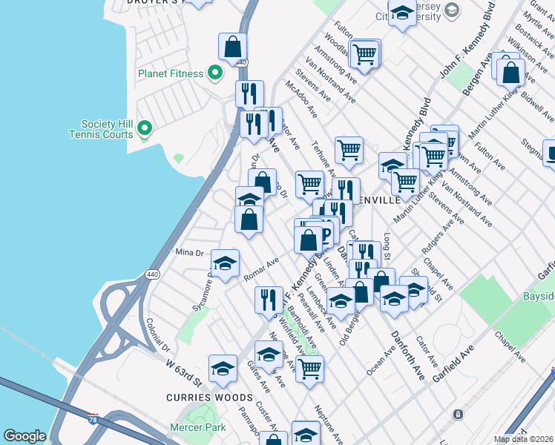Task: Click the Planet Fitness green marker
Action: [x=215, y=73]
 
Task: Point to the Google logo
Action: [x=24, y=436]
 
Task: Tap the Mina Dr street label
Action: [x=188, y=252]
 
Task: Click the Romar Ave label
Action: [x=260, y=269]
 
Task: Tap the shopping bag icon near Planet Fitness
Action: [x=233, y=47]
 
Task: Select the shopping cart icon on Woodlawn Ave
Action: [x=364, y=53]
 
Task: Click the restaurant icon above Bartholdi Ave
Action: [x=268, y=299]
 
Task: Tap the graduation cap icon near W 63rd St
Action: [x=223, y=368]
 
